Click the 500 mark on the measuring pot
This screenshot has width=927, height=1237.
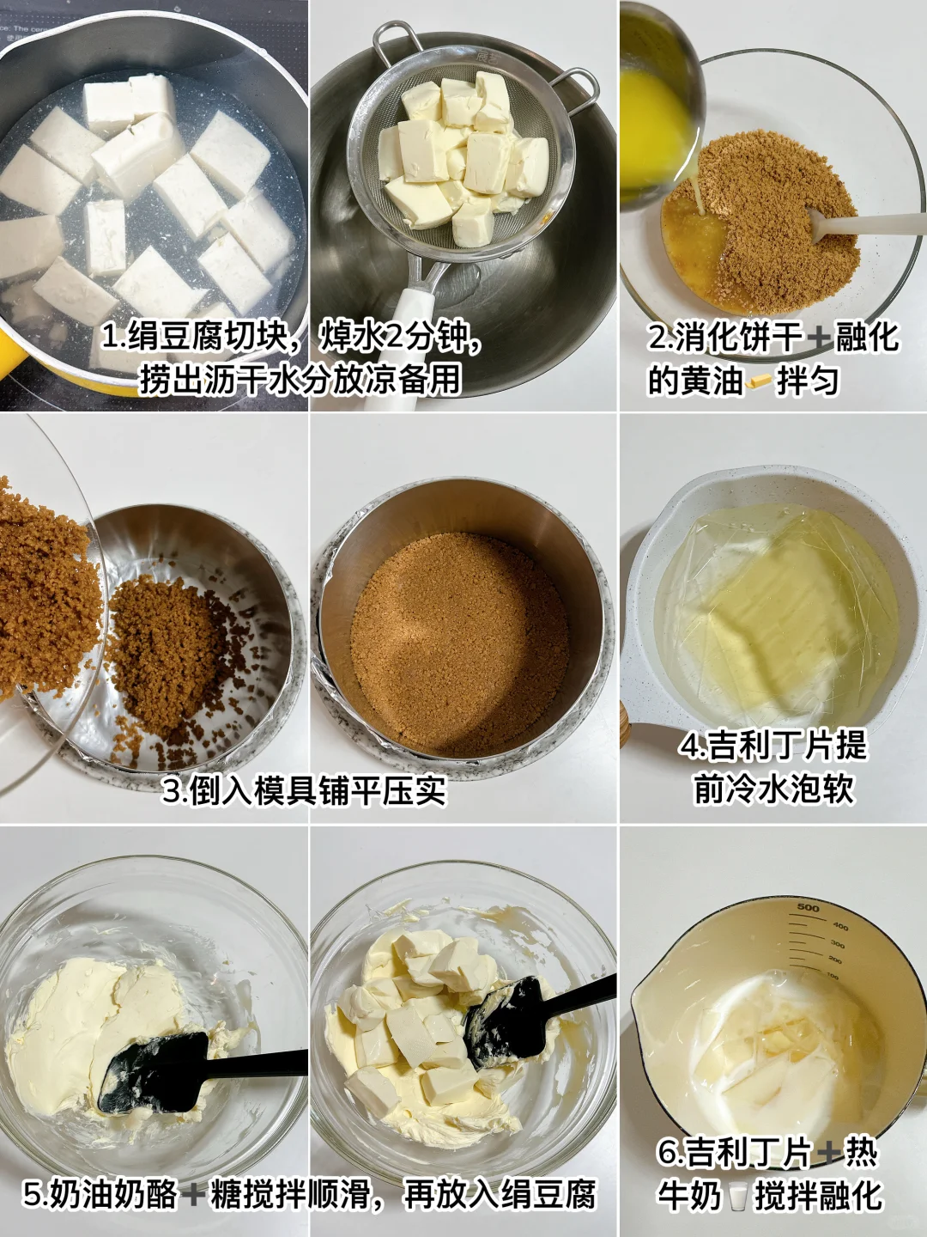809,908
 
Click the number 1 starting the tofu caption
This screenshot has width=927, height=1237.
108,338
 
